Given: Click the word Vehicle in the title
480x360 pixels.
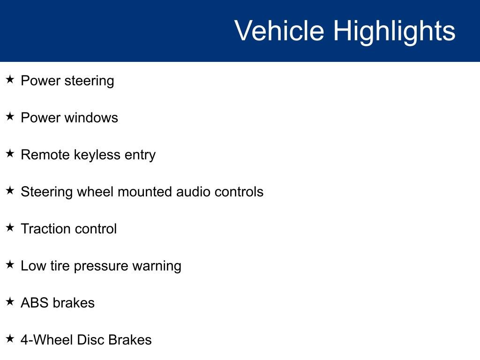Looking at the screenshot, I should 279,31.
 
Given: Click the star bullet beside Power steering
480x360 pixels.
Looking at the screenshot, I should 10,80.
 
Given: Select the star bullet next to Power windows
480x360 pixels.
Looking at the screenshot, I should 10,117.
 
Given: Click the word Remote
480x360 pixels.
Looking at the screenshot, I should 45,155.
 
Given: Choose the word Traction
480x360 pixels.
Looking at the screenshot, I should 45,229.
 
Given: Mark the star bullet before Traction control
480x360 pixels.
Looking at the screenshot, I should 10,228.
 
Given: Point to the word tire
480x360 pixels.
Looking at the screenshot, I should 60,266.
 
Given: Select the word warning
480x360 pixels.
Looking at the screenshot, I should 157,266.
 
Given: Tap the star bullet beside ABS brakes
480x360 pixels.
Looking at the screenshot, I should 10,302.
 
